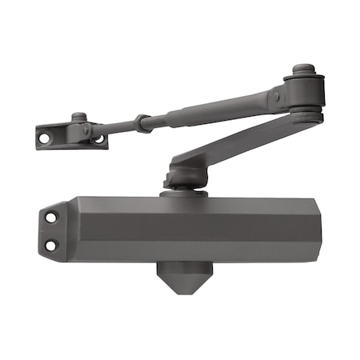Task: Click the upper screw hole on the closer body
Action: [52, 217]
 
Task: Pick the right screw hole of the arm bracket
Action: [99, 138]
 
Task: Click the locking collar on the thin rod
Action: [142, 122]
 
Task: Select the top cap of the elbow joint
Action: [302, 69]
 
